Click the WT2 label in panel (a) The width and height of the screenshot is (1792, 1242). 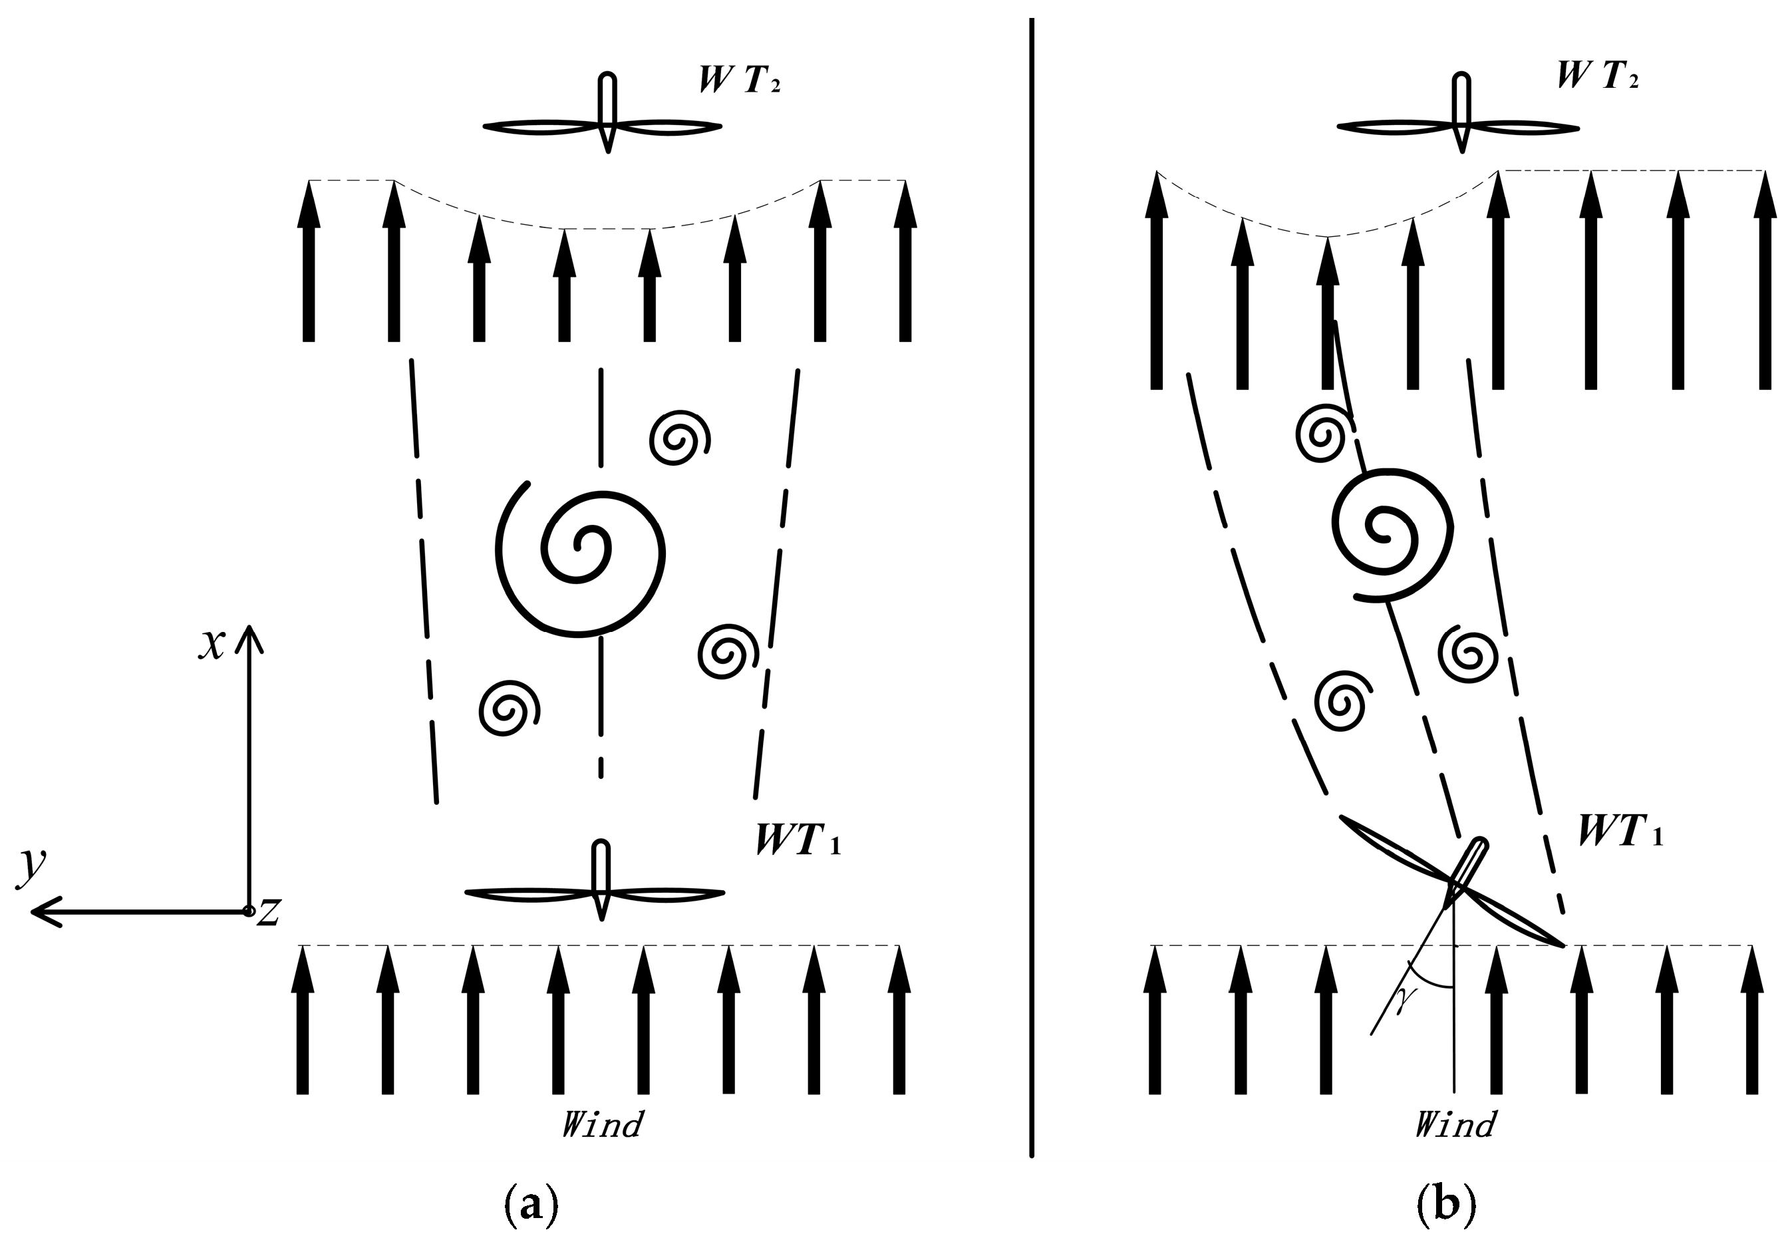pyautogui.click(x=740, y=79)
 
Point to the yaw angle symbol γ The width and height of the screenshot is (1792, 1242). pyautogui.click(x=1402, y=1003)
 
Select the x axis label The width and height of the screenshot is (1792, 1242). pyautogui.click(x=211, y=645)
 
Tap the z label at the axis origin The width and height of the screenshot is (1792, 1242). pyautogui.click(x=269, y=912)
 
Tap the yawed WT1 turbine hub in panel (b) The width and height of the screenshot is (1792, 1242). pyautogui.click(x=1454, y=883)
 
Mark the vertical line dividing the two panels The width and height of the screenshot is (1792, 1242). pyautogui.click(x=1032, y=583)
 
